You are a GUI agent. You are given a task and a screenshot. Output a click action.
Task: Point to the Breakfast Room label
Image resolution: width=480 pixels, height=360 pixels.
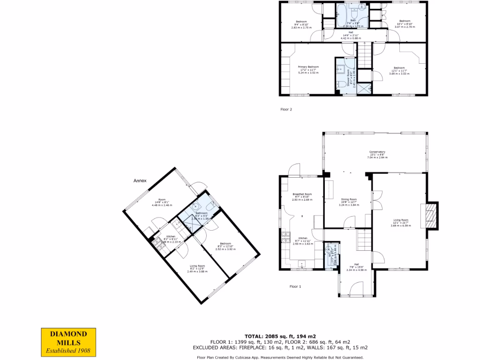tap(302, 195)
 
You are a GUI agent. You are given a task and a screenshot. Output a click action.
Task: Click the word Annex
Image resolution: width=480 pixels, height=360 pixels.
tap(140, 180)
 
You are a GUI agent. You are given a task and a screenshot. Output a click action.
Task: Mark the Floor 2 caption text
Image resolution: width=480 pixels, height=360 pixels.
tap(286, 110)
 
